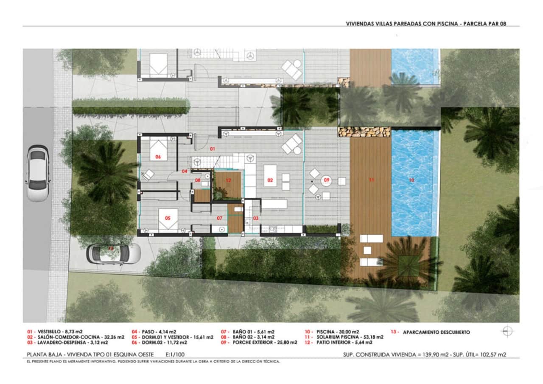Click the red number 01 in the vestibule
213,149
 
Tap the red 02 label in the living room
270,180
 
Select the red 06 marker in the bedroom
158,157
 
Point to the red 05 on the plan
168,218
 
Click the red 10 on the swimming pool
411,180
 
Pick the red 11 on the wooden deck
371,180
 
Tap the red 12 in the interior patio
228,180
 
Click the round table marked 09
327,180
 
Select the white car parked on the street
37,173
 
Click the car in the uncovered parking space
113,254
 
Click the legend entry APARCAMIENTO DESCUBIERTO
436,332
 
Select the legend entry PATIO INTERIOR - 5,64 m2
344,342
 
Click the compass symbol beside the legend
507,332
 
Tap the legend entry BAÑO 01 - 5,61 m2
253,332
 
